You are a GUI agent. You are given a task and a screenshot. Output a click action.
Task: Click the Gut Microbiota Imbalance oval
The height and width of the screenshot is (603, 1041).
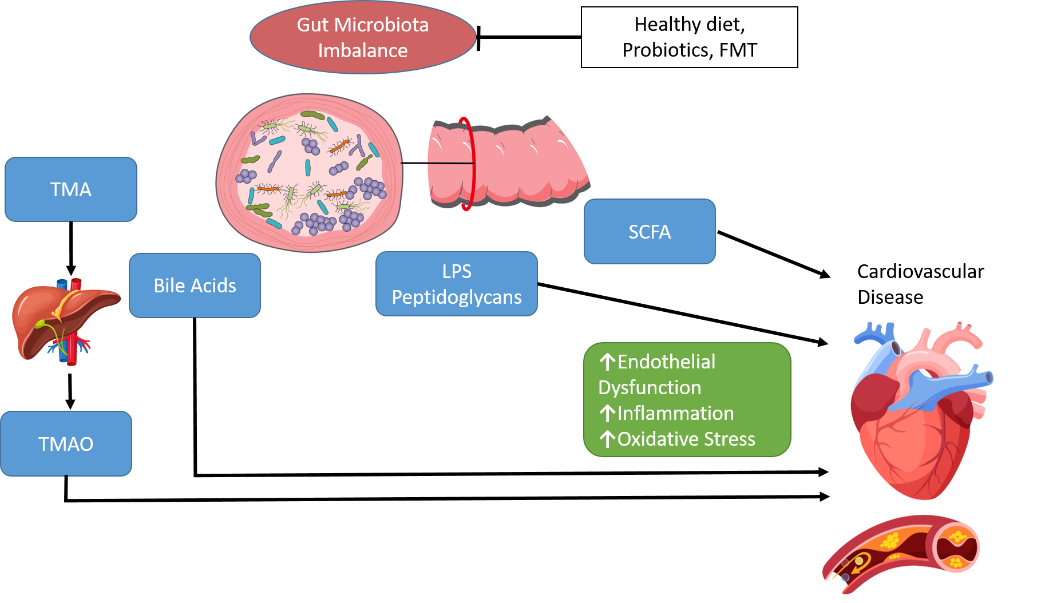click(x=363, y=37)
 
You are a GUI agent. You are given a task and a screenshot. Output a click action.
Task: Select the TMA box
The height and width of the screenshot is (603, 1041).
click(x=71, y=189)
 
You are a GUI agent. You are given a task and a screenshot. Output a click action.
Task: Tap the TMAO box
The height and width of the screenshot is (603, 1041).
click(x=66, y=444)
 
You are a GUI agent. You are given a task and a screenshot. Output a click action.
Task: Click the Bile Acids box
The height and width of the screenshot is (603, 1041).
click(x=195, y=285)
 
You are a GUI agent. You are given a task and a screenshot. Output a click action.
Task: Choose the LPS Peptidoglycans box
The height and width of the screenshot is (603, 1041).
click(x=456, y=284)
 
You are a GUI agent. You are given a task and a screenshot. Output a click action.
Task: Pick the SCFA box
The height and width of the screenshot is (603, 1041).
click(x=650, y=232)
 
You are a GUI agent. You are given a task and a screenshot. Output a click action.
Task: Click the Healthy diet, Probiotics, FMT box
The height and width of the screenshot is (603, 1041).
click(x=689, y=37)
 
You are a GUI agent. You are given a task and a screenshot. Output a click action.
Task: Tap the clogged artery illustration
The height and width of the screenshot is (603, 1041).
click(x=901, y=552)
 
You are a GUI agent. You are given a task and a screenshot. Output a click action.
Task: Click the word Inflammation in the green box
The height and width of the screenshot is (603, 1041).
click(x=675, y=413)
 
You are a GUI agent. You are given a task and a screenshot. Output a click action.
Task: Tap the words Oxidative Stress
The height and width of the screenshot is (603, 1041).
click(x=686, y=439)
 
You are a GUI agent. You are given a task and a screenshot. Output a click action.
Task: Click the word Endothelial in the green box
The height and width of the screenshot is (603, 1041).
click(x=666, y=362)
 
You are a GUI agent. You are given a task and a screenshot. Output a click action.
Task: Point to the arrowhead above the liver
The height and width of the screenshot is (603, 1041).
click(x=71, y=269)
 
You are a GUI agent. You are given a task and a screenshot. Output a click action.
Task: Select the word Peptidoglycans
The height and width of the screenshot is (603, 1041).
click(x=456, y=297)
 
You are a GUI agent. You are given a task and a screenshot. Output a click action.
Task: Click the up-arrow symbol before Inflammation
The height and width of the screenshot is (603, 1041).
click(x=607, y=413)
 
